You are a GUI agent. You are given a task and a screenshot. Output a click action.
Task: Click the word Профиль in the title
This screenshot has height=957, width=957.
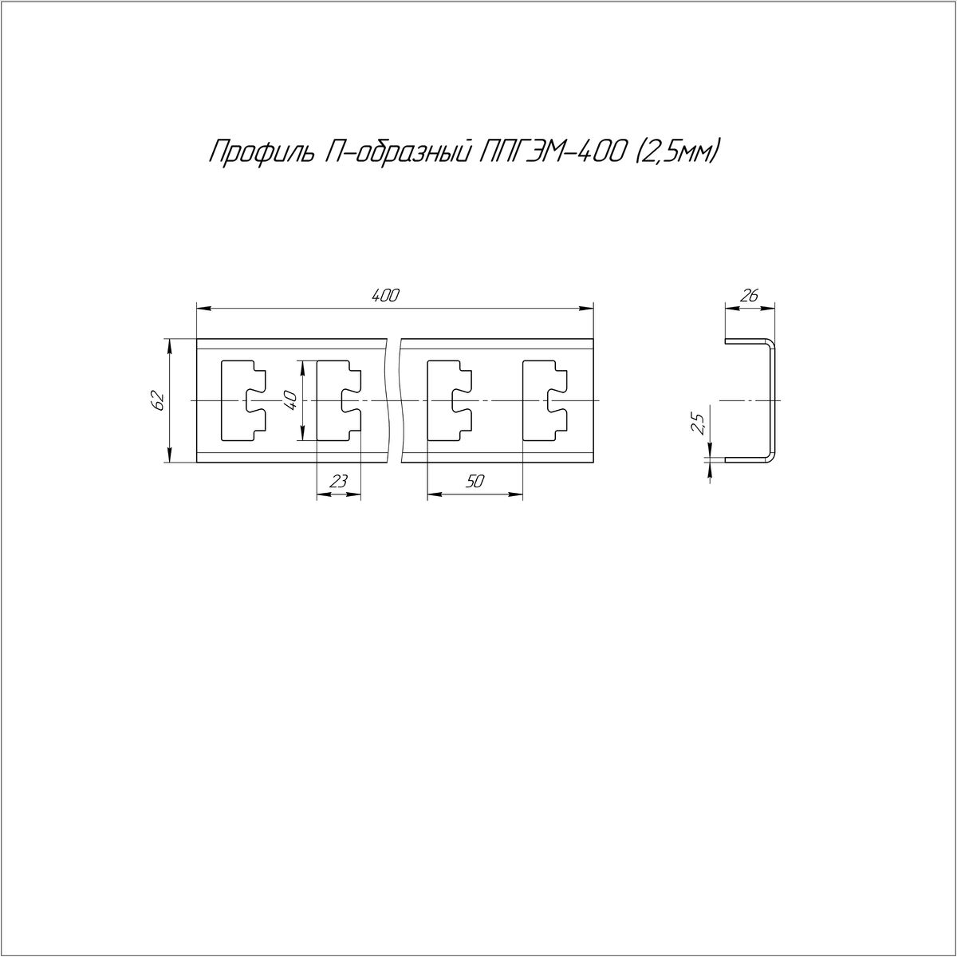pos(260,153)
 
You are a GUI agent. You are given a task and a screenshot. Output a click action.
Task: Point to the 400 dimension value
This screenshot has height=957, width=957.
pos(385,296)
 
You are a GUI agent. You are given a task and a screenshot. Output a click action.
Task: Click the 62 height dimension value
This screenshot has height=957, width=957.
pos(158,400)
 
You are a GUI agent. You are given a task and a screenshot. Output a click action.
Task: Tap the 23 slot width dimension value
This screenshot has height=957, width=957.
pos(338,481)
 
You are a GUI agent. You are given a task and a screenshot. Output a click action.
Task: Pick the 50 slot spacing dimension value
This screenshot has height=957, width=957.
pos(475,481)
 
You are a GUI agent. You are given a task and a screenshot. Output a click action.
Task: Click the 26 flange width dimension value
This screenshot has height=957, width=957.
pos(750,296)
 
